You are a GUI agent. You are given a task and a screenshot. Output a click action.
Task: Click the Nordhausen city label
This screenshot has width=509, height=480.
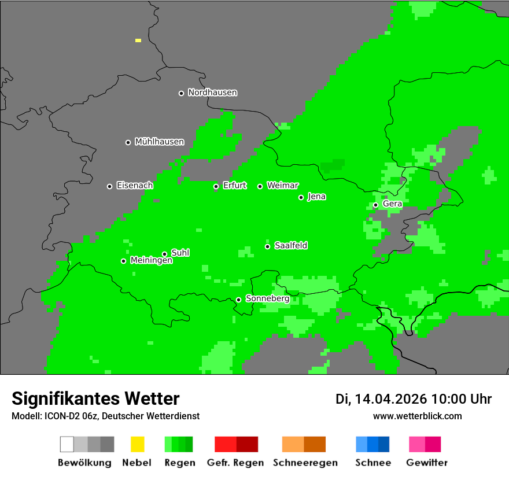pyautogui.click(x=212, y=93)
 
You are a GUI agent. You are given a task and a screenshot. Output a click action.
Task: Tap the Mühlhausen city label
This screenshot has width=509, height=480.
pyautogui.click(x=159, y=142)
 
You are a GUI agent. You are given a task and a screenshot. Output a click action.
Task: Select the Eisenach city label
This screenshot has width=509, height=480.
pyautogui.click(x=135, y=186)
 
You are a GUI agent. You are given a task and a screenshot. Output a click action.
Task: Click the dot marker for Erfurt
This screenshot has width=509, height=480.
pyautogui.click(x=216, y=186)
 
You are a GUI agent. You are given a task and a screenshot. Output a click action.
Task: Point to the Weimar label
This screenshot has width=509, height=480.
pyautogui.click(x=282, y=186)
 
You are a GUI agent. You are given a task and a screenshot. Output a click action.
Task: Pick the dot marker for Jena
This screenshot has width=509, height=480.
pyautogui.click(x=301, y=197)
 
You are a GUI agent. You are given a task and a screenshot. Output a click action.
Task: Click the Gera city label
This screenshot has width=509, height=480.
pyautogui.click(x=392, y=204)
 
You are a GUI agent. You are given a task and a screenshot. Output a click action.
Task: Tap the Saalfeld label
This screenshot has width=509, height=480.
pyautogui.click(x=290, y=246)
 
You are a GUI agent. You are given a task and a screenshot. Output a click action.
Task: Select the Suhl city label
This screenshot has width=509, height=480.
pyautogui.click(x=180, y=253)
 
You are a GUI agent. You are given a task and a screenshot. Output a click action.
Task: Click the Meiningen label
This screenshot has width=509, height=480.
pyautogui.click(x=151, y=261)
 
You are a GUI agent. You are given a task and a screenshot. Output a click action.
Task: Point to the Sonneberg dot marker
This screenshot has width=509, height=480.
pyautogui.click(x=238, y=300)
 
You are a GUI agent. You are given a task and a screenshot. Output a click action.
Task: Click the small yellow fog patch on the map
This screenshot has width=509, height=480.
pyautogui.click(x=138, y=40)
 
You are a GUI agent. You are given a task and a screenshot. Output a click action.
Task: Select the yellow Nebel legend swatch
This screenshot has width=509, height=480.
pyautogui.click(x=137, y=444)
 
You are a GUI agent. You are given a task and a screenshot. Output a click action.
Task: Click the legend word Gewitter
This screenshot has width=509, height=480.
pyautogui.click(x=426, y=463)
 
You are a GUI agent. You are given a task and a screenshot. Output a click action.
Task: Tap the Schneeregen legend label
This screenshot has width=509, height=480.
pyautogui.click(x=305, y=463)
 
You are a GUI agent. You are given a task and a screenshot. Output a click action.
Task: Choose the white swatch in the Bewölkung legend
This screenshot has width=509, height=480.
pyautogui.click(x=67, y=444)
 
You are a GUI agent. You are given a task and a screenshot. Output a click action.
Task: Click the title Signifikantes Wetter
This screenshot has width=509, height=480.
pyautogui.click(x=95, y=399)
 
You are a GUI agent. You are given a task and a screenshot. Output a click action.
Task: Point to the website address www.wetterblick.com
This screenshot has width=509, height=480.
pyautogui.click(x=417, y=416)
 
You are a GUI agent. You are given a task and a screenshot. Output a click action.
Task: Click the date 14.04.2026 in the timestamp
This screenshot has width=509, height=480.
pyautogui.click(x=390, y=399)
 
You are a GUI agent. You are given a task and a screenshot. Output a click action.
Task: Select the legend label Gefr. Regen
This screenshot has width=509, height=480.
pyautogui.click(x=235, y=463)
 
